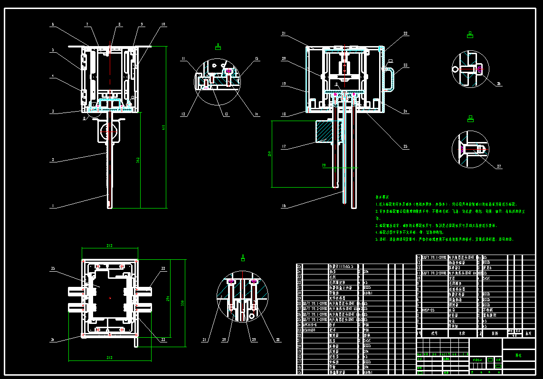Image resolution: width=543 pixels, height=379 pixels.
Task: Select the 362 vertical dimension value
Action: click(138, 161)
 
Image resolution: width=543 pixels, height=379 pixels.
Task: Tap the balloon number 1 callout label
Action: click(53, 206)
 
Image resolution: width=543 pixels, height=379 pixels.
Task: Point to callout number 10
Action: click(163, 24)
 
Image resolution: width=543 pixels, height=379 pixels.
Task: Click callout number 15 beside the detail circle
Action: click(257, 59)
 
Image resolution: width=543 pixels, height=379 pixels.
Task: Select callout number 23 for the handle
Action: click(405, 66)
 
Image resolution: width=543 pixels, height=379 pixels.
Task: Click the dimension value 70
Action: click(324, 165)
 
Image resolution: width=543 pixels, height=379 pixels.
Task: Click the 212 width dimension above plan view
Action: click(110, 246)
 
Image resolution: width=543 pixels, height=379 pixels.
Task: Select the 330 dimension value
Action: click(182, 303)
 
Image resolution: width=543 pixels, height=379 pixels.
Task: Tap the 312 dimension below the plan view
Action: click(110, 358)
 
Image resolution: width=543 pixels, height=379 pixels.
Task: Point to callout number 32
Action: click(163, 269)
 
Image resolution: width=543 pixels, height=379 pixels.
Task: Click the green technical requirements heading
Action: click(382, 197)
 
